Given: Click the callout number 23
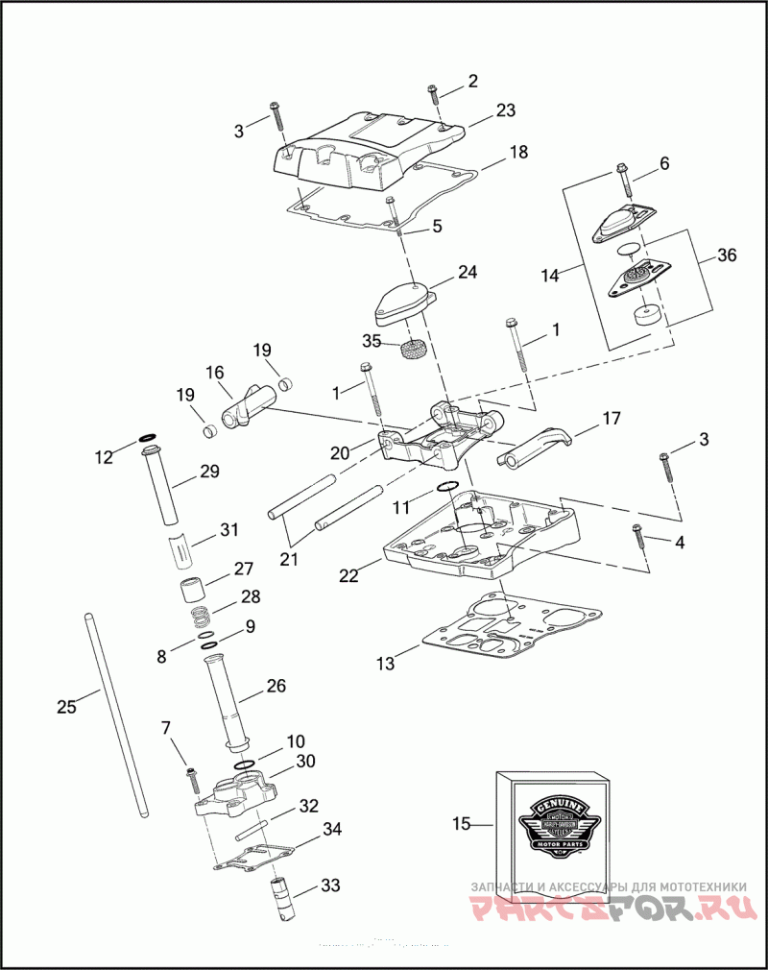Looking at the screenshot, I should click(x=506, y=110).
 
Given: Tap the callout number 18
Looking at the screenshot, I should click(x=518, y=152).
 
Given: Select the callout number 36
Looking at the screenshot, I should click(x=728, y=255).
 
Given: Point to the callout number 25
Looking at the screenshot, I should click(x=66, y=707).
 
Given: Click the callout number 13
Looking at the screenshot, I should click(x=385, y=664).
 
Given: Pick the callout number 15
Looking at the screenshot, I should click(x=462, y=823).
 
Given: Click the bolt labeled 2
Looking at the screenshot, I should click(x=434, y=94).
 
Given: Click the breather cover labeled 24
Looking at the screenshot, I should click(x=401, y=301).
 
